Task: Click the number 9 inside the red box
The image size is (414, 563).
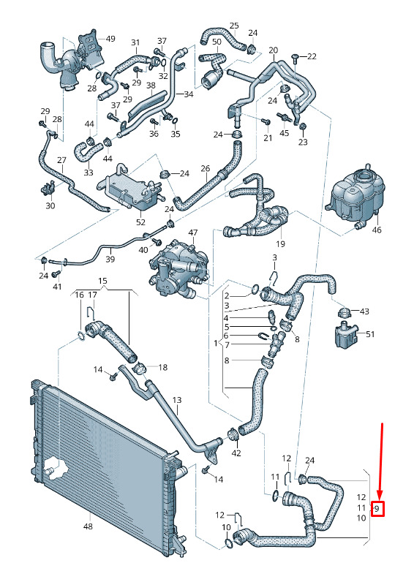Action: click(x=377, y=508)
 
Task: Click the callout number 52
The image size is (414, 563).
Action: click(x=140, y=222)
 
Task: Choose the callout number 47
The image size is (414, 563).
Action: click(x=193, y=233)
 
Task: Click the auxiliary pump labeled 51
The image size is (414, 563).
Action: click(x=347, y=335)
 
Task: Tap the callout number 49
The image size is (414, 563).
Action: click(x=110, y=39)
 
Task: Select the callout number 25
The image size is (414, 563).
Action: click(x=234, y=26)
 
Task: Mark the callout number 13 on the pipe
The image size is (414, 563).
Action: click(x=177, y=400)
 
